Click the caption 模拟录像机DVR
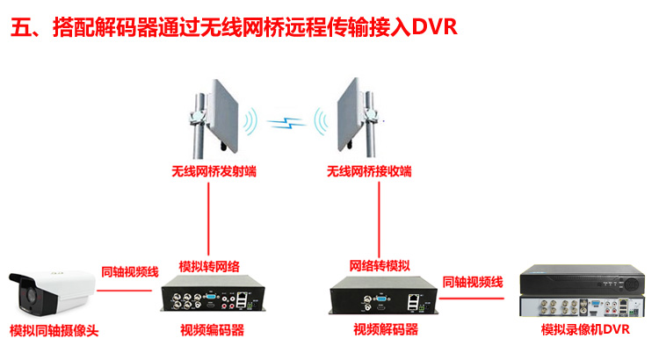tap(586, 330)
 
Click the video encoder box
tap(212, 298)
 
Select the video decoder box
tap(383, 298)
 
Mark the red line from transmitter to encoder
tap(208, 220)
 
